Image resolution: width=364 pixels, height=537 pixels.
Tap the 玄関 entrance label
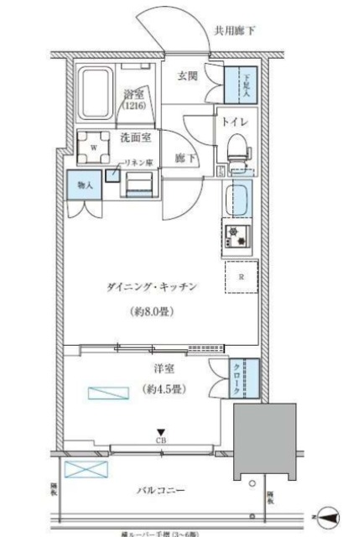pyautogui.click(x=188, y=76)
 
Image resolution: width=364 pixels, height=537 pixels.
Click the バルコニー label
pyautogui.click(x=158, y=491)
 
